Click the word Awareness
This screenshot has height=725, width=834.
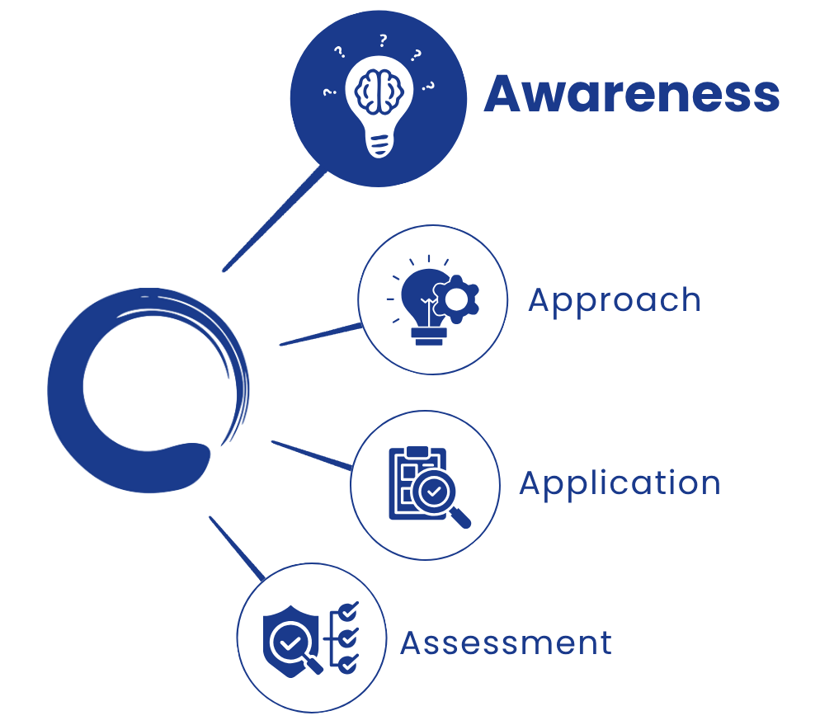coord(631,94)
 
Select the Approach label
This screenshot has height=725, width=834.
coord(615,301)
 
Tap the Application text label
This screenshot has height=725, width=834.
coord(620,483)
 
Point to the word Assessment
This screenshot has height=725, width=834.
coord(506,643)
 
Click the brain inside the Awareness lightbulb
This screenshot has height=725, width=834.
coord(379,92)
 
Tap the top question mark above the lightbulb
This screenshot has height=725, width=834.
coord(383,40)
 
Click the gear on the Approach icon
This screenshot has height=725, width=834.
coord(456,299)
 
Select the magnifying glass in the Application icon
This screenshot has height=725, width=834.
coord(441,497)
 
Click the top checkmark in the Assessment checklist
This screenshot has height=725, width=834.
coord(348,612)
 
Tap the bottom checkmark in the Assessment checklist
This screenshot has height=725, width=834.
coord(348,663)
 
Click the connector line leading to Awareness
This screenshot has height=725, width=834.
coord(275,219)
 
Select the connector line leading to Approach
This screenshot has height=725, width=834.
coord(321,335)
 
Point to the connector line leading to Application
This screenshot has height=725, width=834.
coord(312,455)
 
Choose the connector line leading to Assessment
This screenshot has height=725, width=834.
coord(237,548)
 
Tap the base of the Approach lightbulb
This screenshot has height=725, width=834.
coord(429,337)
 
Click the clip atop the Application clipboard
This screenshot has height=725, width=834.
coord(417,452)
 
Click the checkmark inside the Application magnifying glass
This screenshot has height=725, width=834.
coord(434,491)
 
